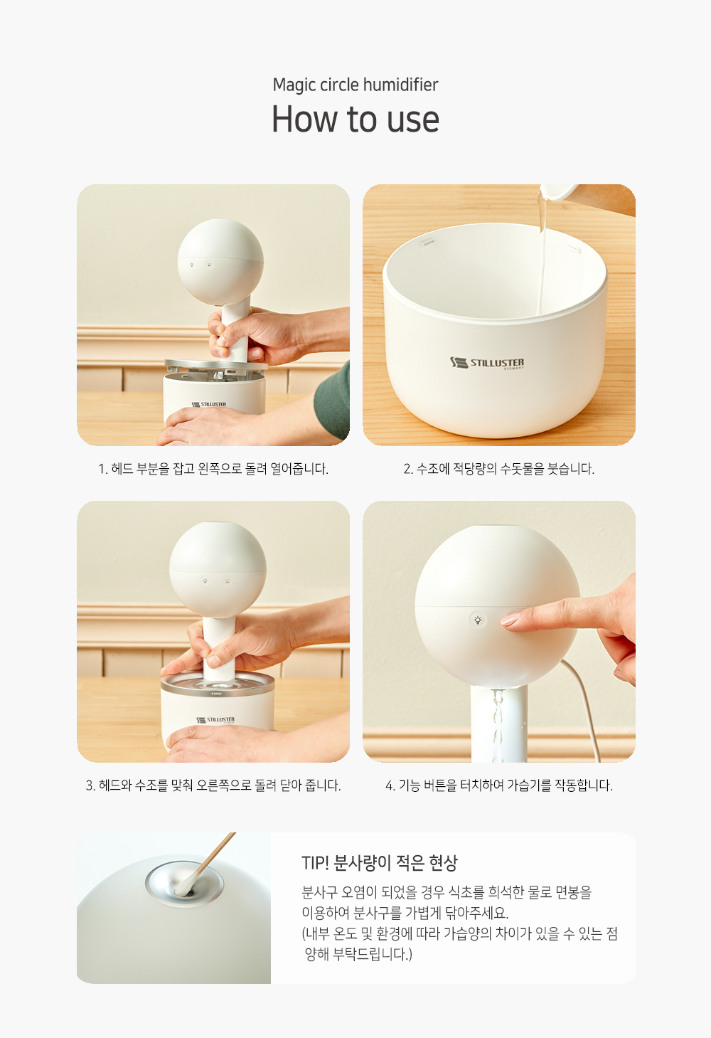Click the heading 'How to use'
(355, 119)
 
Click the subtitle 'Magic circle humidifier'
(355, 85)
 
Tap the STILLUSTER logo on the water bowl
(487, 363)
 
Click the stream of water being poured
(542, 260)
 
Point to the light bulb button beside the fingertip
(478, 620)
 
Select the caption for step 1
(213, 469)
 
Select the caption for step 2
(499, 469)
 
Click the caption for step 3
(213, 785)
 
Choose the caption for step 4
(499, 785)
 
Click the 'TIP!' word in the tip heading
(316, 863)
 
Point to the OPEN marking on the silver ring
(217, 694)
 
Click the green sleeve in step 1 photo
(332, 401)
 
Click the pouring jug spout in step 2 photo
(556, 194)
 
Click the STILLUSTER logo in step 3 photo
(215, 720)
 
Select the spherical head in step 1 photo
(220, 262)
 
